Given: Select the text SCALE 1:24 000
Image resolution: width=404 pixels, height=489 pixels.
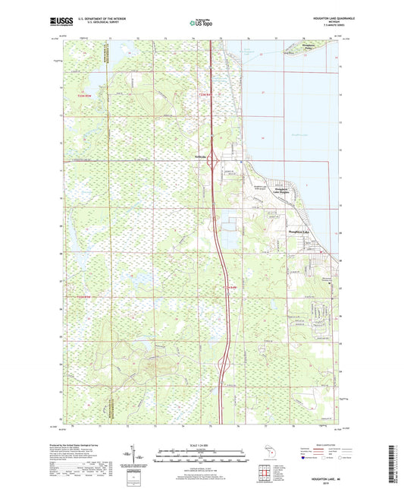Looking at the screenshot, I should point(201,445).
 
